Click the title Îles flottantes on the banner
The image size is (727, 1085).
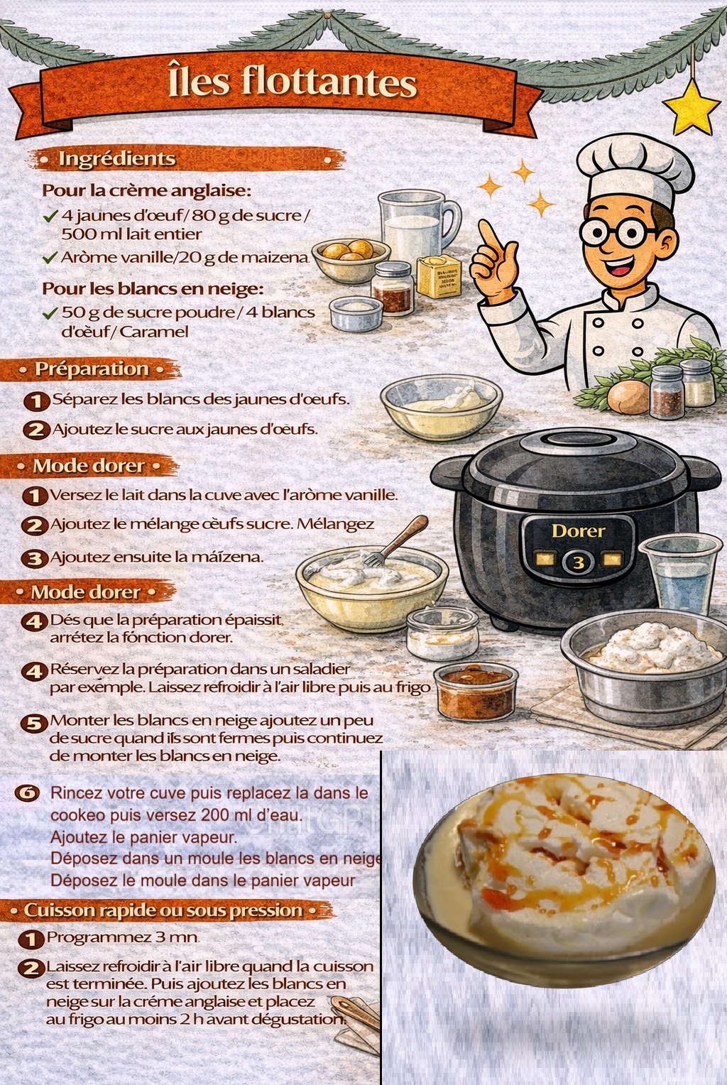click(293, 82)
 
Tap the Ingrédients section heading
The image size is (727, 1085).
click(116, 159)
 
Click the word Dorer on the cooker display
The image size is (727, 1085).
click(579, 531)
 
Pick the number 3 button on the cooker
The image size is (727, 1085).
click(579, 563)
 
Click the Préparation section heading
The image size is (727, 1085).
click(92, 369)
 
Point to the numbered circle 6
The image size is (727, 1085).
click(27, 793)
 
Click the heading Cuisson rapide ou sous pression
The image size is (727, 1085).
click(163, 910)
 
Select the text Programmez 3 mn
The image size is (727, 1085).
click(123, 937)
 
